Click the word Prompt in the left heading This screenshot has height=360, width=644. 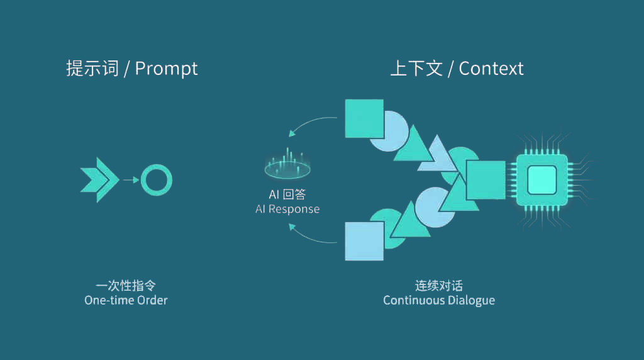pyautogui.click(x=167, y=68)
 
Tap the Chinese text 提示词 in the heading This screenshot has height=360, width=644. pyautogui.click(x=92, y=68)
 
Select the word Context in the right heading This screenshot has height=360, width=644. pyautogui.click(x=491, y=68)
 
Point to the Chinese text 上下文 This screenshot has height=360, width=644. pyautogui.click(x=416, y=68)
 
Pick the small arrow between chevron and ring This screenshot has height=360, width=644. pyautogui.click(x=131, y=181)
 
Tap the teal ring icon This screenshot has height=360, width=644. pyautogui.click(x=157, y=181)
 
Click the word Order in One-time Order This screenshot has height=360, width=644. pyautogui.click(x=152, y=300)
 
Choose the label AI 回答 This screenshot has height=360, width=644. pyautogui.click(x=287, y=194)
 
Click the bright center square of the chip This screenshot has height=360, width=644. pyautogui.click(x=541, y=180)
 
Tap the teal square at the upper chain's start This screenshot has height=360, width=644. pyautogui.click(x=364, y=118)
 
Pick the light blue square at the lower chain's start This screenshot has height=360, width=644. pyautogui.click(x=364, y=241)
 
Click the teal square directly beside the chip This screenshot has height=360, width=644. pyautogui.click(x=486, y=180)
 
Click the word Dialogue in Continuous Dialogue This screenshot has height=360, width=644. pyautogui.click(x=471, y=300)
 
